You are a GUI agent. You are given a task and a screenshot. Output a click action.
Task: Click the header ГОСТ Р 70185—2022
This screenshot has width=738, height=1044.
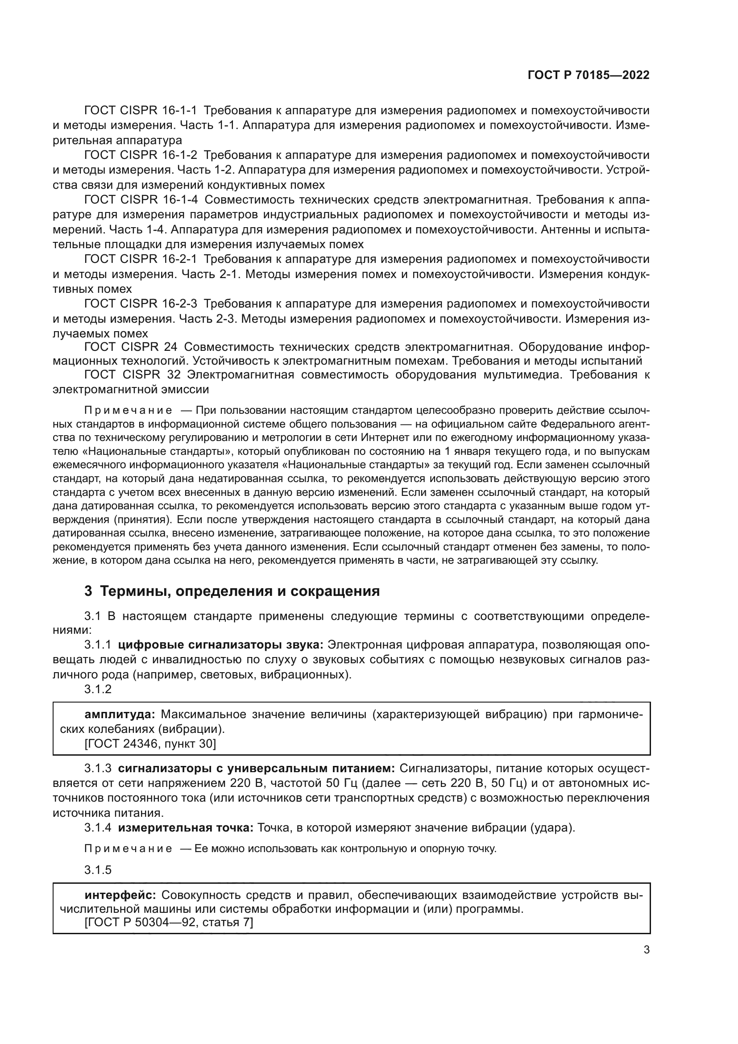tap(589, 75)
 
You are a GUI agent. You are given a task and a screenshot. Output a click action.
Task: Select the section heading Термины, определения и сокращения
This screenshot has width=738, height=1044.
tap(232, 591)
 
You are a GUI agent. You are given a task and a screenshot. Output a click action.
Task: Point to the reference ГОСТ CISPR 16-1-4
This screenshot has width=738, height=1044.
tap(141, 200)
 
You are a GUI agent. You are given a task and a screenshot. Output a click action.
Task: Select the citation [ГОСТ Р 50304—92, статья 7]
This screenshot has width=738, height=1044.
tap(169, 923)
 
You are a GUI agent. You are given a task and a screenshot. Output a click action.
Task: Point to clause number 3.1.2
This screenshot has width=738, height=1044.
tap(98, 689)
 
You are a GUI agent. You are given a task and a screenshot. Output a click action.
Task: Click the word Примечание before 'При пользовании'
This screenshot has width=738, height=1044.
tap(128, 411)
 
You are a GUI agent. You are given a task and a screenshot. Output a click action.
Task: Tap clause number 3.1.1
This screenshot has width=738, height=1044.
tap(98, 645)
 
